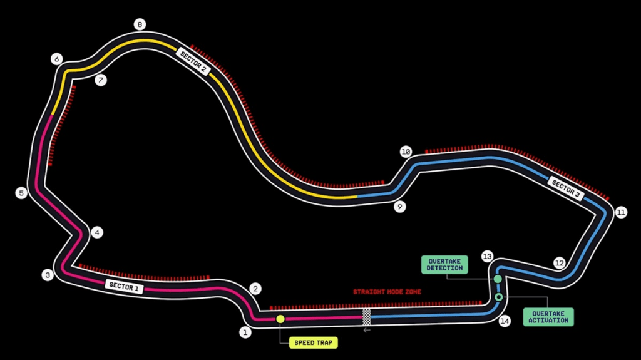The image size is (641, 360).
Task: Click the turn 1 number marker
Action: pyautogui.click(x=245, y=332)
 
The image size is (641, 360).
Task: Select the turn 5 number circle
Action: pyautogui.click(x=21, y=193)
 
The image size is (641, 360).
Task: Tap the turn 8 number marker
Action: pyautogui.click(x=140, y=25)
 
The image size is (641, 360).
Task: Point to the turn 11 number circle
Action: pyautogui.click(x=620, y=212)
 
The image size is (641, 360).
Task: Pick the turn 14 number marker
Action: pyautogui.click(x=505, y=321)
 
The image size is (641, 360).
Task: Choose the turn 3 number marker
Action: pyautogui.click(x=47, y=275)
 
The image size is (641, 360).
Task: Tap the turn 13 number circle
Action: pyautogui.click(x=488, y=257)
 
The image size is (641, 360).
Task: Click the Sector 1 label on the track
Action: pyautogui.click(x=124, y=287)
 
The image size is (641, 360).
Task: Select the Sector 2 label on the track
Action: pyautogui.click(x=193, y=61)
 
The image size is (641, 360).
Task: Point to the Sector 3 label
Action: pyautogui.click(x=566, y=188)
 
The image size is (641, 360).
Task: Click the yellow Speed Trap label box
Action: pyautogui.click(x=313, y=342)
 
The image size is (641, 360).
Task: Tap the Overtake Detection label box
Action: pyautogui.click(x=445, y=264)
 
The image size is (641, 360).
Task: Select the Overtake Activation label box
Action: pyautogui.click(x=548, y=316)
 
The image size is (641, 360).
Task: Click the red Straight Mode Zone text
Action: pyautogui.click(x=387, y=292)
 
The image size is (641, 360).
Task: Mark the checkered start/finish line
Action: pyautogui.click(x=366, y=316)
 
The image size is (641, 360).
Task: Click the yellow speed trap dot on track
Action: pyautogui.click(x=280, y=319)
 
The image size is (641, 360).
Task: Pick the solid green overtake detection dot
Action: pyautogui.click(x=498, y=279)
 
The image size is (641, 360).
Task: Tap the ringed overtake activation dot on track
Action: pyautogui.click(x=498, y=297)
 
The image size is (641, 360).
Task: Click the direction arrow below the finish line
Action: pyautogui.click(x=367, y=330)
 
